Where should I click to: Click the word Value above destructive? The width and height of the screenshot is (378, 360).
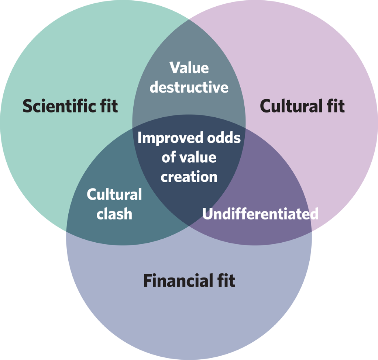pyautogui.click(x=189, y=68)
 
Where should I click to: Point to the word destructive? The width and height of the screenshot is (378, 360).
pyautogui.click(x=189, y=87)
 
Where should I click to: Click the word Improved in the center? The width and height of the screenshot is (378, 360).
pyautogui.click(x=165, y=138)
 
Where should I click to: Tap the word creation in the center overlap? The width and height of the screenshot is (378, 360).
pyautogui.click(x=189, y=177)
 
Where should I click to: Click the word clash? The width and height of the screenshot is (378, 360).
pyautogui.click(x=114, y=214)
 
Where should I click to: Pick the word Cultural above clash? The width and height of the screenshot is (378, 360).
pyautogui.click(x=114, y=195)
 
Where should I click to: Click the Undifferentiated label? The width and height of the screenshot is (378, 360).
pyautogui.click(x=260, y=214)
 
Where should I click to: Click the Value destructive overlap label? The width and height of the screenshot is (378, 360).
pyautogui.click(x=189, y=78)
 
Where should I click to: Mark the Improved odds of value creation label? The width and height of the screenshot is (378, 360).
pyautogui.click(x=189, y=157)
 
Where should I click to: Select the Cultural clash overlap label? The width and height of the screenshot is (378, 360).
pyautogui.click(x=114, y=204)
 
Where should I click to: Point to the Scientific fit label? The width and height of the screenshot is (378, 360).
pyautogui.click(x=70, y=106)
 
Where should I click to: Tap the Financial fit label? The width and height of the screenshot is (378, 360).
pyautogui.click(x=189, y=281)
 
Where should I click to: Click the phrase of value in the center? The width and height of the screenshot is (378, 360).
pyautogui.click(x=189, y=157)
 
